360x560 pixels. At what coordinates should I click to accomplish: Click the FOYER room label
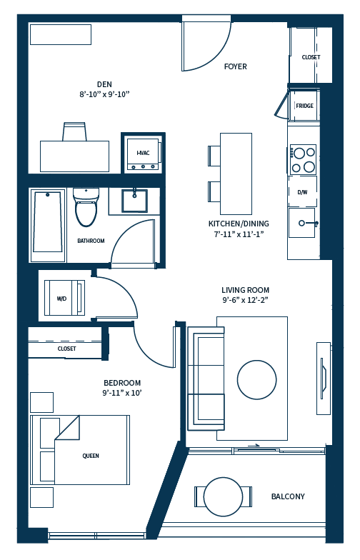tap(235, 66)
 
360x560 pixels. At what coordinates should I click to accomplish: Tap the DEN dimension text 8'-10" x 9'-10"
tap(104, 94)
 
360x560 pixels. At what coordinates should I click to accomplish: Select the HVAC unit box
tap(143, 153)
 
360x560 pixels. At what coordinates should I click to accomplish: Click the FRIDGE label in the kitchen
tap(304, 106)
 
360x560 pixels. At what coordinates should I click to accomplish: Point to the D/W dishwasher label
tap(302, 192)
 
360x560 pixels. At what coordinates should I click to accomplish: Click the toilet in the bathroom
tap(86, 206)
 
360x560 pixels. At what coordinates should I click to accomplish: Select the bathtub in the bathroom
tap(49, 221)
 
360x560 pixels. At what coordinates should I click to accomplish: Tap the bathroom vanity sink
tap(134, 201)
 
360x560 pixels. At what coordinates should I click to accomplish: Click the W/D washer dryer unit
tap(62, 298)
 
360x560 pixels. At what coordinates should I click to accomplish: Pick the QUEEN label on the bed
tap(91, 456)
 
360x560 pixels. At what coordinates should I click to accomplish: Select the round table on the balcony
tap(223, 496)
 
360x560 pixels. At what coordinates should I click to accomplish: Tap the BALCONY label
tap(287, 496)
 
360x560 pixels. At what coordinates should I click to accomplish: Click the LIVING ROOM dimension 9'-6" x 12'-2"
tap(245, 301)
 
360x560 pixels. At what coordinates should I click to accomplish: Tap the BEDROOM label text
tap(122, 383)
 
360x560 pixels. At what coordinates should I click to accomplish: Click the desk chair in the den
tap(75, 132)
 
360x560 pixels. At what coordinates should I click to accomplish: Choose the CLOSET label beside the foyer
tap(311, 57)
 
